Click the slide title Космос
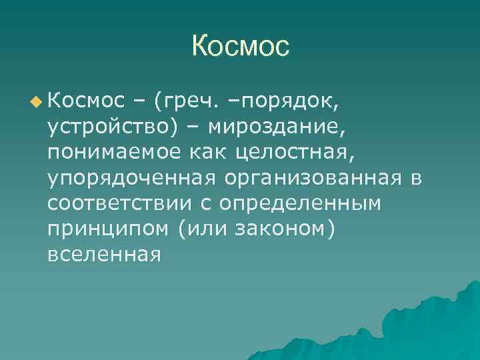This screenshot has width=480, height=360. point(240,46)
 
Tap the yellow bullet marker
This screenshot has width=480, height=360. point(35,101)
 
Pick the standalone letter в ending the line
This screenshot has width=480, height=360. point(417,177)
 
